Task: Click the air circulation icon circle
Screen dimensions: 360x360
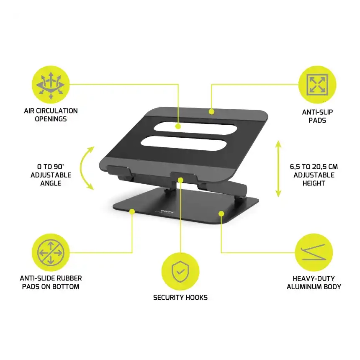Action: pyautogui.click(x=51, y=85)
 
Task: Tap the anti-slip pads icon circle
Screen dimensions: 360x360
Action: pyautogui.click(x=317, y=85)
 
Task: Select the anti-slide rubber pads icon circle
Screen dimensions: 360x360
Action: pyautogui.click(x=51, y=252)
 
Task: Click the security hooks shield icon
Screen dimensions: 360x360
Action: pyautogui.click(x=180, y=272)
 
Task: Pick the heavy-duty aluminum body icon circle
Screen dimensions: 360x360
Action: pyautogui.click(x=314, y=252)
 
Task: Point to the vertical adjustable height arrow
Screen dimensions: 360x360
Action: pyautogui.click(x=278, y=169)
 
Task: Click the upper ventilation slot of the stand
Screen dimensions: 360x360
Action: pyautogui.click(x=195, y=128)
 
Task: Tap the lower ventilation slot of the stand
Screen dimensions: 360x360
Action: pyautogui.click(x=184, y=144)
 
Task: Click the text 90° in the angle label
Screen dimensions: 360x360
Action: pyautogui.click(x=59, y=167)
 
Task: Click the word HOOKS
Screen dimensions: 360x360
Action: pyautogui.click(x=196, y=298)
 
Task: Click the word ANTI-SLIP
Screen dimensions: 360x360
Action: pyautogui.click(x=317, y=112)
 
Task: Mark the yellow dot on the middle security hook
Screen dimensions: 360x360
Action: pyautogui.click(x=180, y=180)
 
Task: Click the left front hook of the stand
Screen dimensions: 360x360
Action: pyautogui.click(x=119, y=171)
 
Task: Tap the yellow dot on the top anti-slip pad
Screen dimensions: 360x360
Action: pyautogui.click(x=211, y=112)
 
